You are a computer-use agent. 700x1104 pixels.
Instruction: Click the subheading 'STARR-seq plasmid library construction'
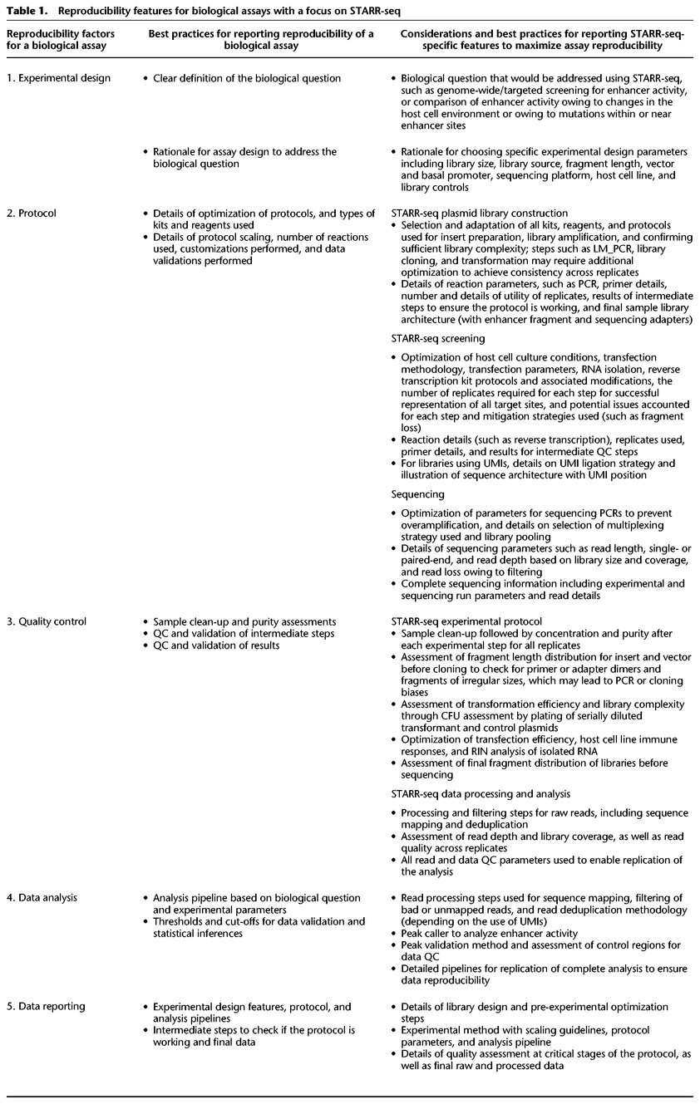point(480,213)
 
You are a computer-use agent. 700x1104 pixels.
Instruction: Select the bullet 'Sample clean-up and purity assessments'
point(244,621)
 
